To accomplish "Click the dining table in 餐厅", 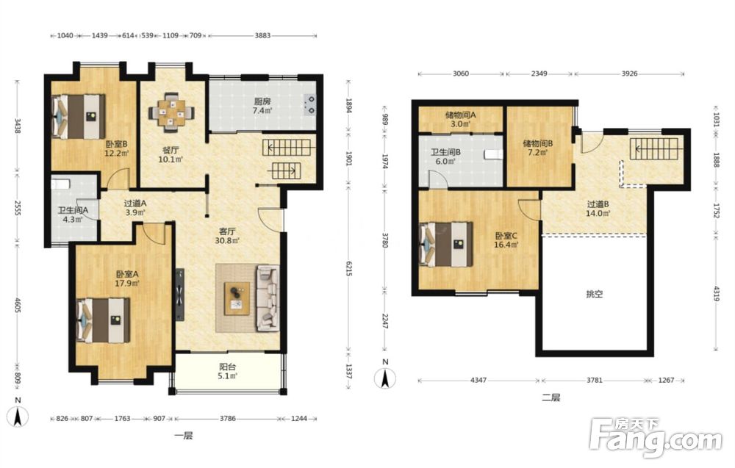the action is (171, 112).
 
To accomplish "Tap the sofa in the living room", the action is (268, 298).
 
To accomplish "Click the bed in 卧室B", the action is (79, 116).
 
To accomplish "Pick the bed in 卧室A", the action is (104, 321).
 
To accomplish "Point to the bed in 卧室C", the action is (446, 244).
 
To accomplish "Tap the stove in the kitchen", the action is (310, 105).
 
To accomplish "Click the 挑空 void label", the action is (595, 294).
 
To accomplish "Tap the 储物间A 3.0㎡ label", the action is (460, 119).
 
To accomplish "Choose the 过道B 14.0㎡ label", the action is (598, 209).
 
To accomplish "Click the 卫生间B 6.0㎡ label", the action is (446, 156).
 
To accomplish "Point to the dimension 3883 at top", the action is (262, 35).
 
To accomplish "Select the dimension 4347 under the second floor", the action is (478, 380).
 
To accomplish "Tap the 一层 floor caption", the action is (183, 436).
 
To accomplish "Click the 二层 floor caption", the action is (551, 398).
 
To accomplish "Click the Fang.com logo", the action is (656, 436).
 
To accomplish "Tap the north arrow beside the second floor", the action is (385, 377).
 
